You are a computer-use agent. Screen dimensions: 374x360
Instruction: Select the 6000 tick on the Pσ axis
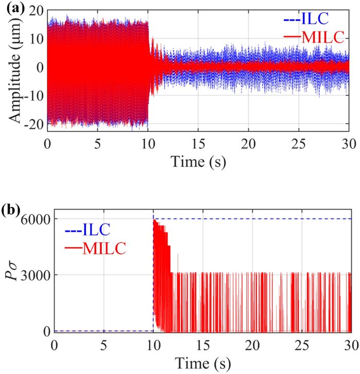34,219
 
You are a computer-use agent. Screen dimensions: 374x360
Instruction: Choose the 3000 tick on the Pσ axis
34,275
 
